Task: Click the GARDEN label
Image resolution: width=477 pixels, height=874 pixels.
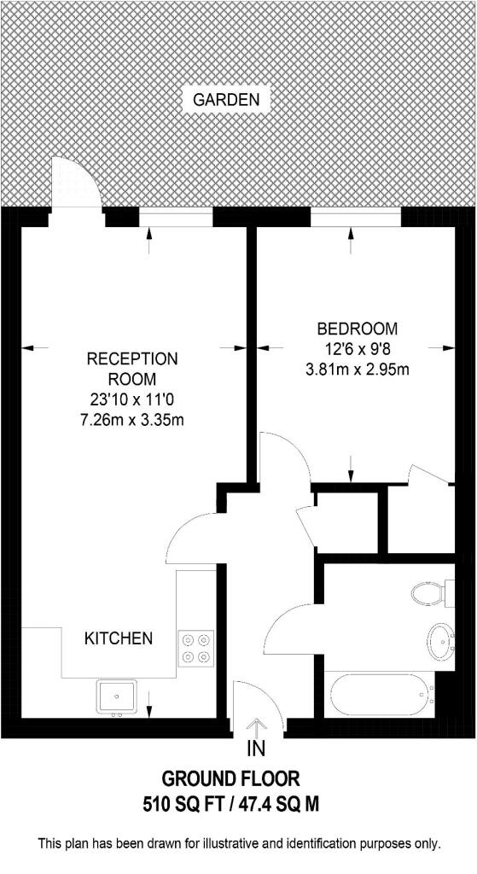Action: click(225, 100)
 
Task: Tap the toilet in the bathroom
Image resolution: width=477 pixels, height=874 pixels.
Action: click(427, 592)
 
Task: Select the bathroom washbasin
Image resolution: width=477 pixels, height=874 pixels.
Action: click(441, 640)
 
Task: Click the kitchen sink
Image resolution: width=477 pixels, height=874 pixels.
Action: click(116, 696)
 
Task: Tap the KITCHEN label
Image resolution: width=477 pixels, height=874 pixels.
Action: click(118, 638)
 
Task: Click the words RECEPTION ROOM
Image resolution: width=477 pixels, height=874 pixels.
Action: click(132, 368)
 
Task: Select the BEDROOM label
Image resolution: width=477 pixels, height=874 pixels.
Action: click(357, 329)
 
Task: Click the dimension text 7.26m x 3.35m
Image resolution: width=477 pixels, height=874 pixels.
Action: click(132, 419)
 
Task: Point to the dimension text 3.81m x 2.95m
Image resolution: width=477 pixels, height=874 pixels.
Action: click(357, 370)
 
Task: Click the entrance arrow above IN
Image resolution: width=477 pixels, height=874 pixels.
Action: click(255, 726)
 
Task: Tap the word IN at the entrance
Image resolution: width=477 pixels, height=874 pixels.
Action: click(255, 750)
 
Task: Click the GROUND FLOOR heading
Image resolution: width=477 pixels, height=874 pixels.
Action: click(231, 778)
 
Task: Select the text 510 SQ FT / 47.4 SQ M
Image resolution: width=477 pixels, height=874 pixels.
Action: click(231, 804)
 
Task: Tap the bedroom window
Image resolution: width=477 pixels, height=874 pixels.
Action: click(355, 218)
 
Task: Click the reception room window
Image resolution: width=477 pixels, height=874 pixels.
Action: click(175, 218)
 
